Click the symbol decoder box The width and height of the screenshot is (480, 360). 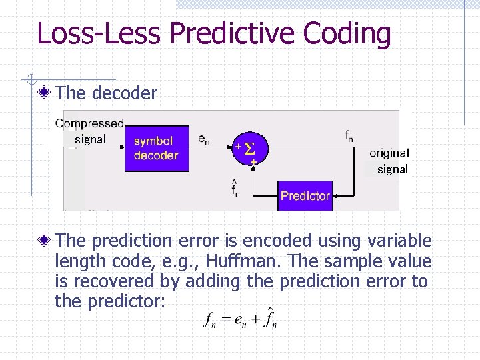pos(156,148)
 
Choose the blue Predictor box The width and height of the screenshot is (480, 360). pos(305,195)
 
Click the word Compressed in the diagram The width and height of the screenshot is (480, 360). pos(89,123)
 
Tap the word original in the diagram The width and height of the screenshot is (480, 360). pos(389,153)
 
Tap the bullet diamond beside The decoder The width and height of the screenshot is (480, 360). pos(45,93)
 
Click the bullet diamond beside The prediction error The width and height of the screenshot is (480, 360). pos(45,241)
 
